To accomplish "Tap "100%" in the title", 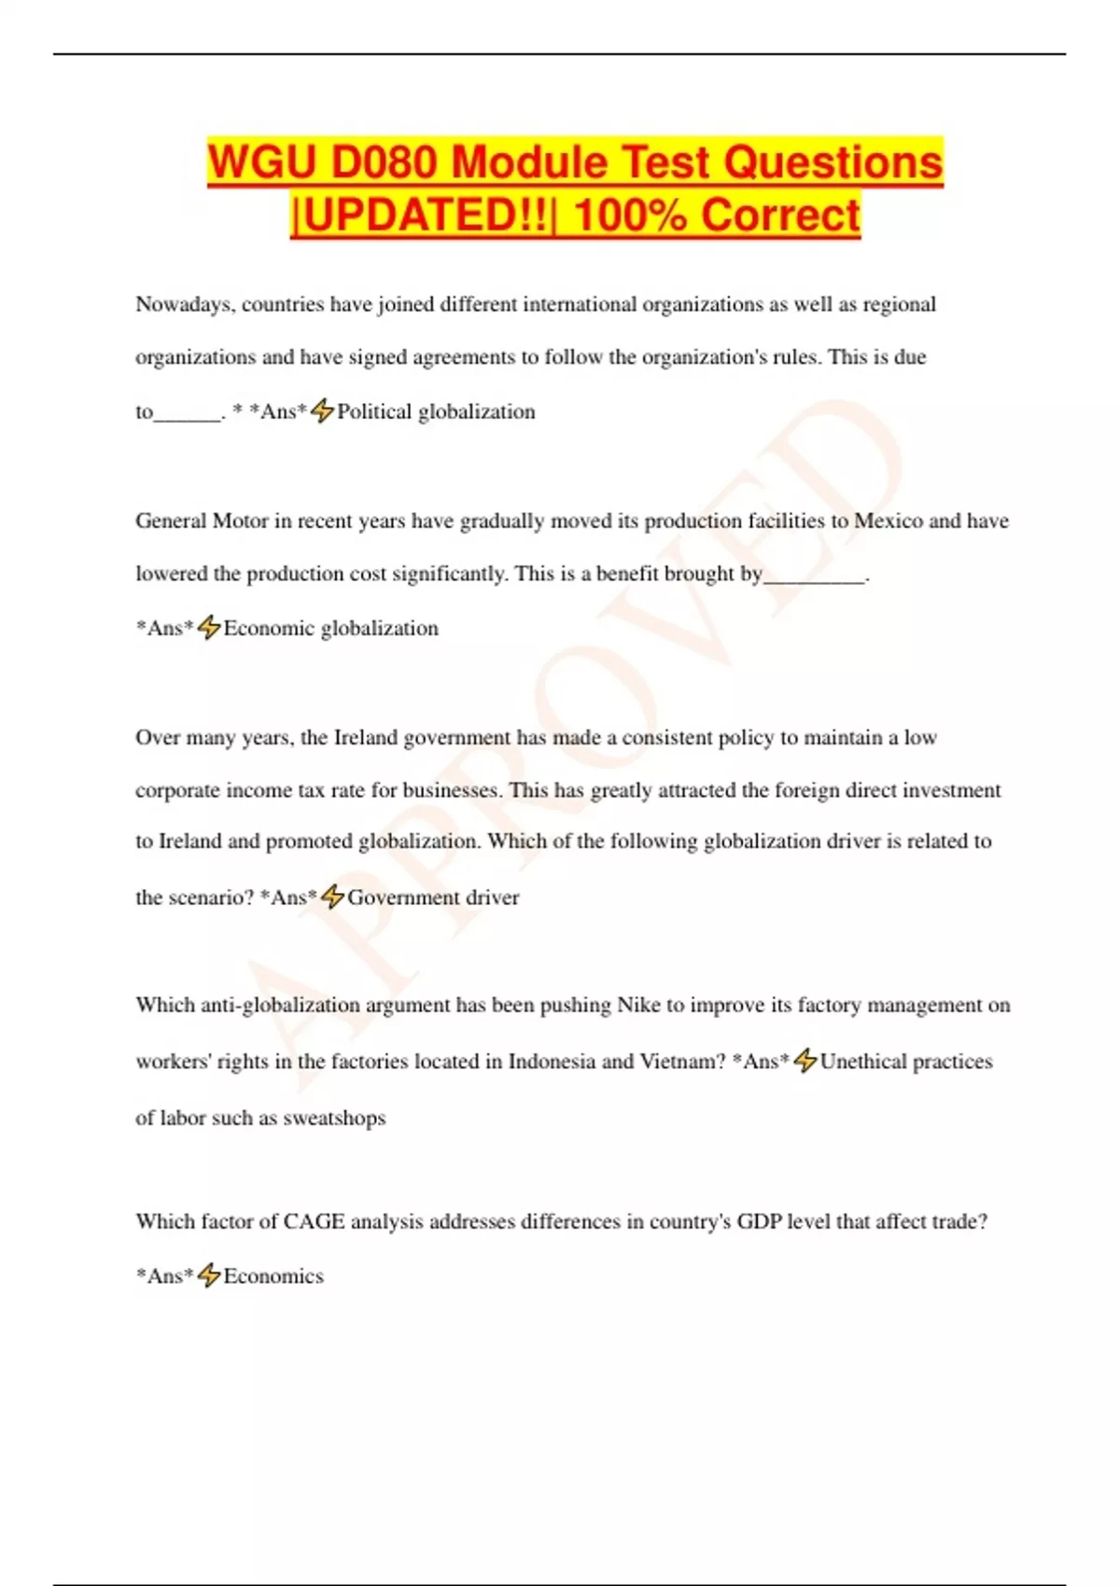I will (x=629, y=215).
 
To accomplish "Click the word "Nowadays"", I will (x=184, y=305).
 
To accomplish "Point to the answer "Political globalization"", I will (x=436, y=411).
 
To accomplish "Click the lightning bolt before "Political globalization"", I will (x=322, y=410).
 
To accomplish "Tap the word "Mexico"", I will (x=888, y=521).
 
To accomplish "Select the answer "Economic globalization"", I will (x=330, y=628).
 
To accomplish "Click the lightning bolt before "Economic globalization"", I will (x=209, y=627).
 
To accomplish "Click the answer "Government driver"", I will (x=433, y=897).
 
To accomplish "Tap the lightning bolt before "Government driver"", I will (x=332, y=897).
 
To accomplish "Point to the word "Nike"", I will (x=638, y=1005).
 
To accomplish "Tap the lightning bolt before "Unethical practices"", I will (x=805, y=1061).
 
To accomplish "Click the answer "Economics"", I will (x=273, y=1276).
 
